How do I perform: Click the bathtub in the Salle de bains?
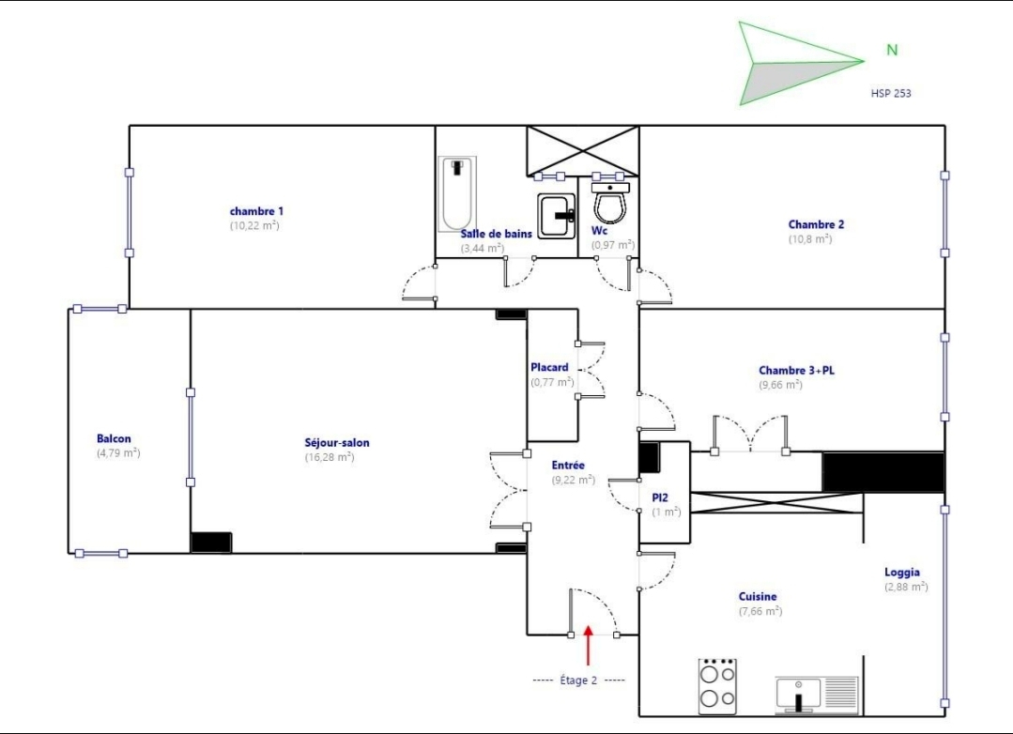(x=457, y=194)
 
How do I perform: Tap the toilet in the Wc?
(x=610, y=202)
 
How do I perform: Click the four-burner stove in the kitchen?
(x=718, y=686)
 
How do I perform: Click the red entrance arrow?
(x=588, y=645)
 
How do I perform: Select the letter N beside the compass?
(x=892, y=50)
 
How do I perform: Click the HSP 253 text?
(x=891, y=93)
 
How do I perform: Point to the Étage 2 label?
(x=578, y=680)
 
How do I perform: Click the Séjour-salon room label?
(x=337, y=443)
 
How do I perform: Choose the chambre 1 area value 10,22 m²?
(x=254, y=225)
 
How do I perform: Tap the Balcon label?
(x=114, y=438)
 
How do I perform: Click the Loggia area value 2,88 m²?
(x=906, y=587)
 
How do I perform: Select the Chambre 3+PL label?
(x=796, y=370)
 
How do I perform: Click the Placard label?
(x=550, y=367)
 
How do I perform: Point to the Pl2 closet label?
(x=660, y=497)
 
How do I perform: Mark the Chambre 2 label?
(x=816, y=224)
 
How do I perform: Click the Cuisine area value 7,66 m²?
(x=760, y=611)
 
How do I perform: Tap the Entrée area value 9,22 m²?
(x=574, y=480)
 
